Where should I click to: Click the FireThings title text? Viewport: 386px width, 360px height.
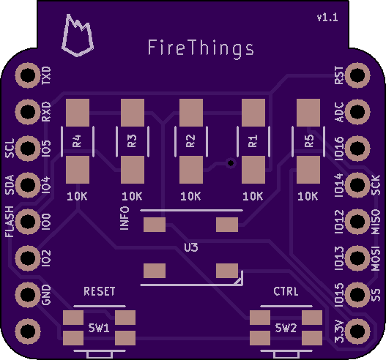coord(201,49)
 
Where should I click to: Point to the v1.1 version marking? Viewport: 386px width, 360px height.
coord(327,18)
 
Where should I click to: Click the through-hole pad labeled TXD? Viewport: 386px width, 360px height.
coord(28,75)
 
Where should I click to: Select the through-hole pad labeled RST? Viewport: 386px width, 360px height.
coord(357,75)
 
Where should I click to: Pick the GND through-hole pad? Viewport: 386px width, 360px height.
coord(28,294)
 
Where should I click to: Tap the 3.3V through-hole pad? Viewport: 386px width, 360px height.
coord(357,331)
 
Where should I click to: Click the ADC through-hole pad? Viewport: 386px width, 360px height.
coord(357,112)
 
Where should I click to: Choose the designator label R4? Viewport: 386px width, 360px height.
coord(77,141)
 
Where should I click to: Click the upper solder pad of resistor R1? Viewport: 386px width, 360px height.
coord(253,113)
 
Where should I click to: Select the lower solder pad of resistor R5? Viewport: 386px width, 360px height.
coord(308,170)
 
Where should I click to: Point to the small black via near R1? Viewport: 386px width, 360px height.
coord(231,162)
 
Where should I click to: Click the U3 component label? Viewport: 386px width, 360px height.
coord(191,247)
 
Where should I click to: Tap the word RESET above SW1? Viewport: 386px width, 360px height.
coord(99,291)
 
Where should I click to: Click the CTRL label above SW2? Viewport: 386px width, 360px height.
coord(286,291)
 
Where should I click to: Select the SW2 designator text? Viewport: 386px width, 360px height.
coord(286,328)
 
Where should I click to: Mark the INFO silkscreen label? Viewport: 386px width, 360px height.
coord(125,218)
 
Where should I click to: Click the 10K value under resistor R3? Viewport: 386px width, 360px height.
coord(132,196)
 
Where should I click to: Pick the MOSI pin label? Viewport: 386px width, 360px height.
coord(376,258)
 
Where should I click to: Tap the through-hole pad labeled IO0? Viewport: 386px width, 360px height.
coord(28,221)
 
